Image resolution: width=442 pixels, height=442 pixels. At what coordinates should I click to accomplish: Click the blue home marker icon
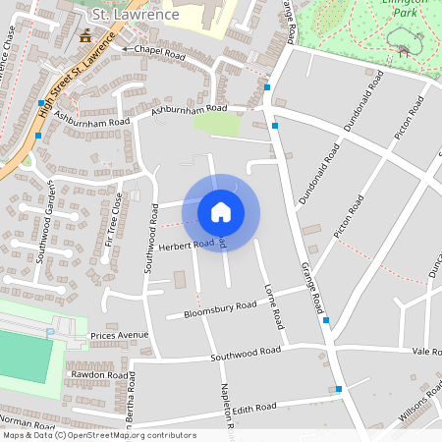click(221, 211)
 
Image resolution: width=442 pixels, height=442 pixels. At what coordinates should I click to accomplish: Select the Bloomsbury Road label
click(211, 310)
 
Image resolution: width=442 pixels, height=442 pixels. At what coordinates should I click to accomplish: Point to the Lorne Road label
click(273, 305)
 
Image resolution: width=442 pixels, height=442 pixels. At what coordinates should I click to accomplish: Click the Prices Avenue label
click(119, 336)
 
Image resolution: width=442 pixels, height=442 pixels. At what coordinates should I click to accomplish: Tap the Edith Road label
click(257, 409)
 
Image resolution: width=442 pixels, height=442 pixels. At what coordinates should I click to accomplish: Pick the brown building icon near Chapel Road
click(85, 36)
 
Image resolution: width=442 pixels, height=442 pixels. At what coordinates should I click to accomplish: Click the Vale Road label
click(427, 351)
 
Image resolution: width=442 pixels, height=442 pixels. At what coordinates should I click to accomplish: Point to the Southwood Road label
click(246, 354)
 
